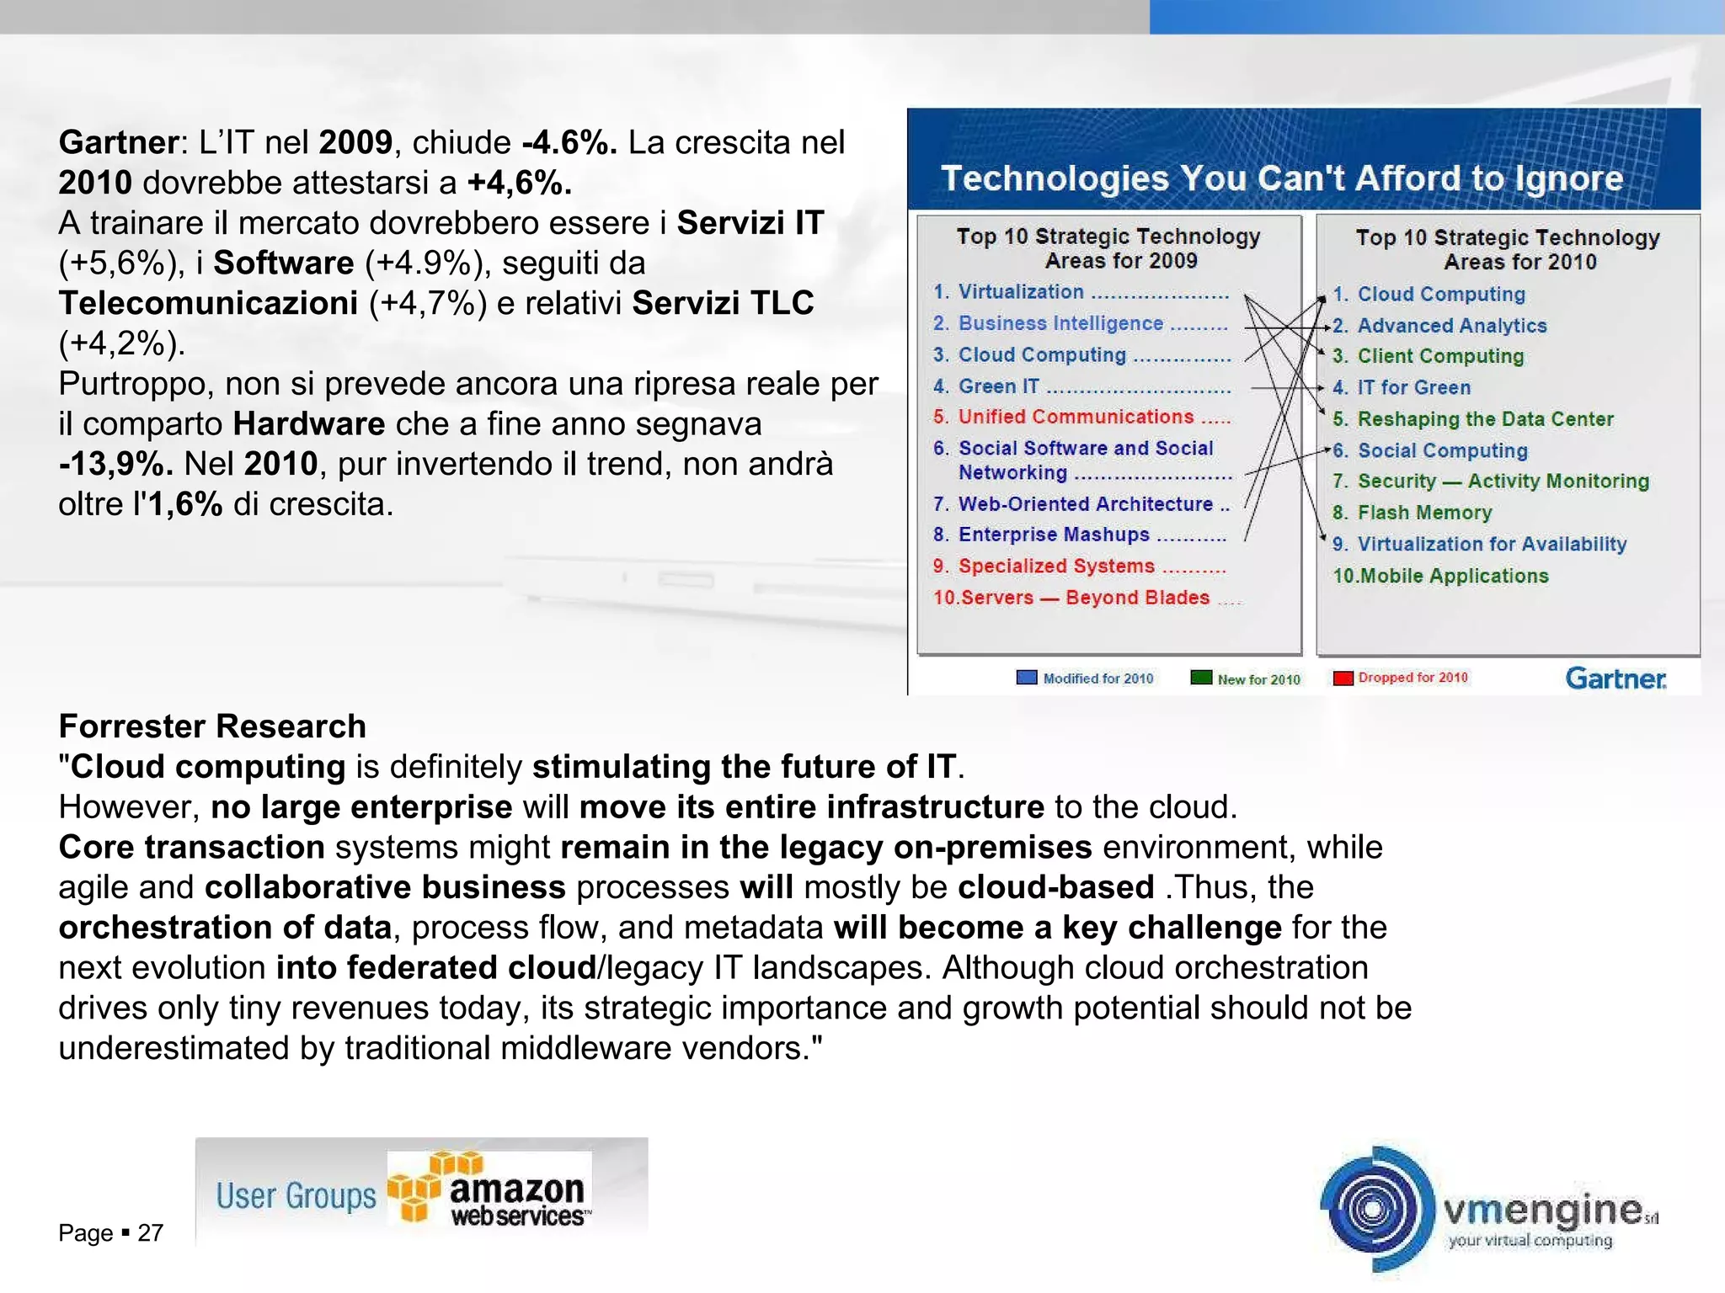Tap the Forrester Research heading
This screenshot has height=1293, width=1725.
tap(212, 726)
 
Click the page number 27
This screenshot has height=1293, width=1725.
tap(150, 1233)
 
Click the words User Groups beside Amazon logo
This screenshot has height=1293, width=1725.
tap(296, 1195)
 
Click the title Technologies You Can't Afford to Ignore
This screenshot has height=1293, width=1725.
tap(1281, 178)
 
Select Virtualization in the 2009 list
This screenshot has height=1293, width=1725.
tap(1020, 292)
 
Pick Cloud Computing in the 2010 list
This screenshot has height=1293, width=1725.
tap(1440, 295)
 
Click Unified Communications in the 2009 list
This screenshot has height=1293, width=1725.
tap(1075, 417)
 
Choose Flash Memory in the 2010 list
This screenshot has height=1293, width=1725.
tap(1423, 513)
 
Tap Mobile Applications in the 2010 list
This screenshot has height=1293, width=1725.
tap(1453, 576)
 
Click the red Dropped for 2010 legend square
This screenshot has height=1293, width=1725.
tap(1343, 678)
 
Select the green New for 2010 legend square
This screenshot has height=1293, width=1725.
tap(1201, 678)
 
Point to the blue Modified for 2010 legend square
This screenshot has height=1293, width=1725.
tap(1027, 678)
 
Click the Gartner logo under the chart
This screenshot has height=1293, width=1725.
tap(1615, 678)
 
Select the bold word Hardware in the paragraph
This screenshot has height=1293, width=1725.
tap(308, 423)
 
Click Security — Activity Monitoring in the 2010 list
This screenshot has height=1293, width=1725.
tap(1502, 482)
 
